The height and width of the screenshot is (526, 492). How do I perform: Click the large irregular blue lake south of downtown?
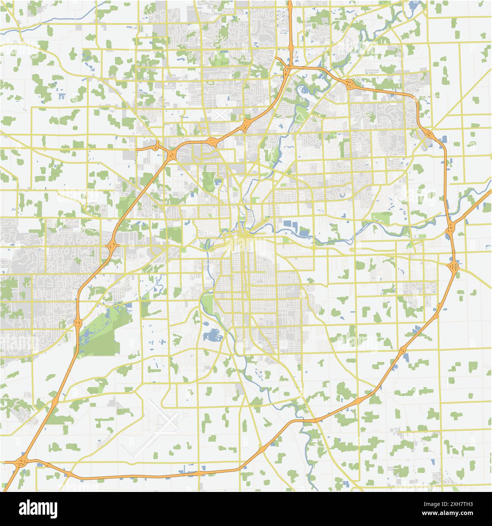coord(212,335)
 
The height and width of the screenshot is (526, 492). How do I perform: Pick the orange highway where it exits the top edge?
coord(290,3)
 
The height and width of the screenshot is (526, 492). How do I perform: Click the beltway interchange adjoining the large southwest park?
coord(78,323)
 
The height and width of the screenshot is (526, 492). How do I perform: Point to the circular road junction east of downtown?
coord(314,248)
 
